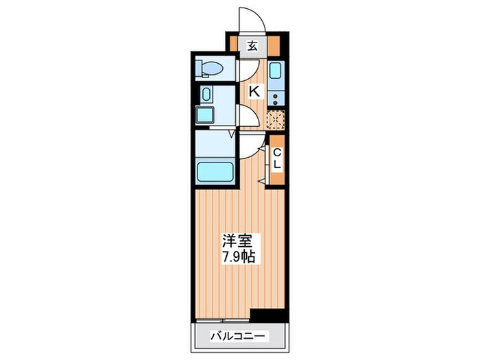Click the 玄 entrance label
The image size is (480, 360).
[x=252, y=46]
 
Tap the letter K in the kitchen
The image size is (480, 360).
[x=253, y=91]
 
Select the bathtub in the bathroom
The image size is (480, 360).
[x=215, y=170]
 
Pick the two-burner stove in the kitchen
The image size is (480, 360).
[x=276, y=94]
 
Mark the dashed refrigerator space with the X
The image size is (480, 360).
[x=276, y=119]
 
